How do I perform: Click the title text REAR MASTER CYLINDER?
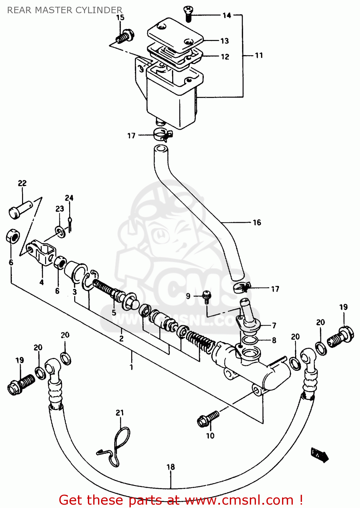[x=64, y=10]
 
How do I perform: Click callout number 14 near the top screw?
[x=227, y=15]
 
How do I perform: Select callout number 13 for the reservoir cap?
[x=224, y=41]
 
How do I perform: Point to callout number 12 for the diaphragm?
[x=225, y=57]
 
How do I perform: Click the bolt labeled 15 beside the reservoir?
[x=125, y=37]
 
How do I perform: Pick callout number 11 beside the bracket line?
[x=259, y=55]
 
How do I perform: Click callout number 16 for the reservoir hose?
[x=257, y=223]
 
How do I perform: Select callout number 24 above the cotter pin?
[x=69, y=198]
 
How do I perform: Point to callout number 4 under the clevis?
[x=41, y=282]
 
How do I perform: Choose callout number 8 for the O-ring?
[x=274, y=340]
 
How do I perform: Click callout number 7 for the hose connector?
[x=274, y=325]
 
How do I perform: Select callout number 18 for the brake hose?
[x=171, y=467]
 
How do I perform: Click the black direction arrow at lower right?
[x=320, y=454]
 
